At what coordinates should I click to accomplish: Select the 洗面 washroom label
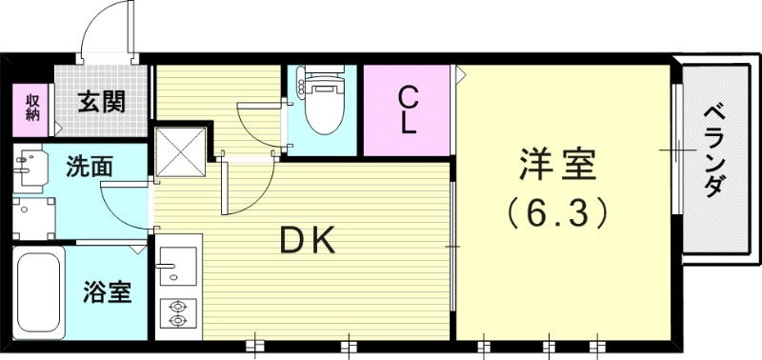click(90, 167)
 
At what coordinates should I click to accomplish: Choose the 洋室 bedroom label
click(558, 166)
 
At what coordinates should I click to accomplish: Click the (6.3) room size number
click(558, 212)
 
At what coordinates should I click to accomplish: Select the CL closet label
click(408, 109)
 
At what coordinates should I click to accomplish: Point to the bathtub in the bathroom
click(38, 291)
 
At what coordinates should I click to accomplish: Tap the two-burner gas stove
click(177, 313)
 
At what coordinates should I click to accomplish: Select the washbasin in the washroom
click(31, 169)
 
